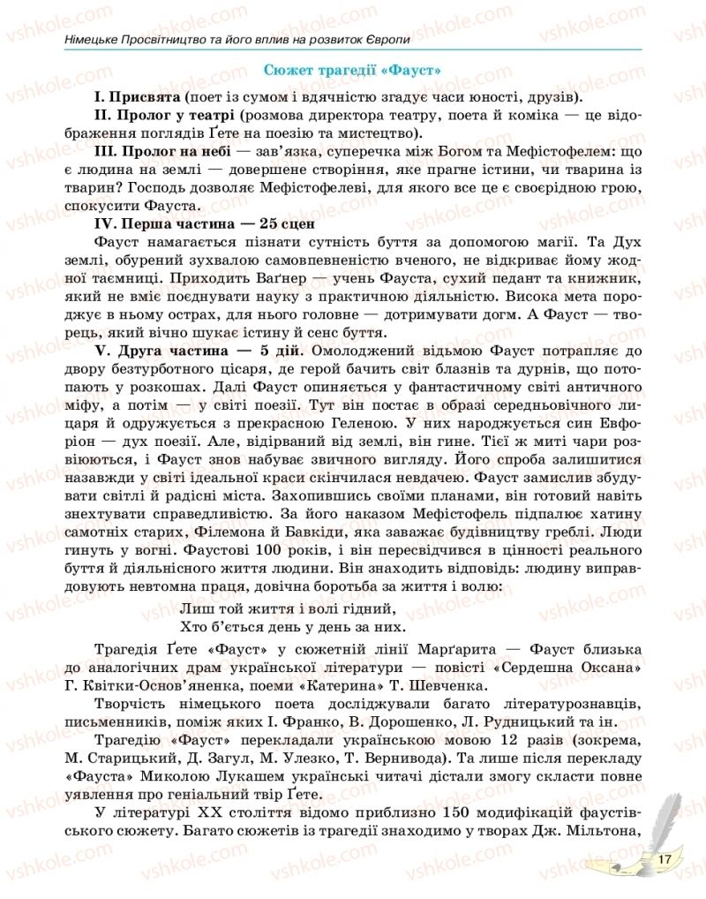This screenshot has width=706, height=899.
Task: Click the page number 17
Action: point(665,857)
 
